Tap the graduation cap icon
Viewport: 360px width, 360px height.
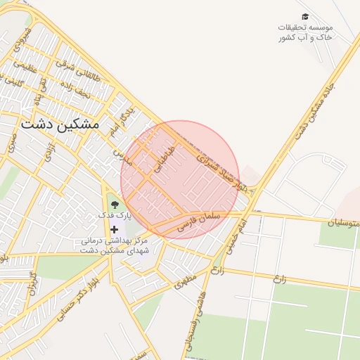[304, 16]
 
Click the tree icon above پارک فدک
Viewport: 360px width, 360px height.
[115, 204]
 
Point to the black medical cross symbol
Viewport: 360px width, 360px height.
[115, 229]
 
